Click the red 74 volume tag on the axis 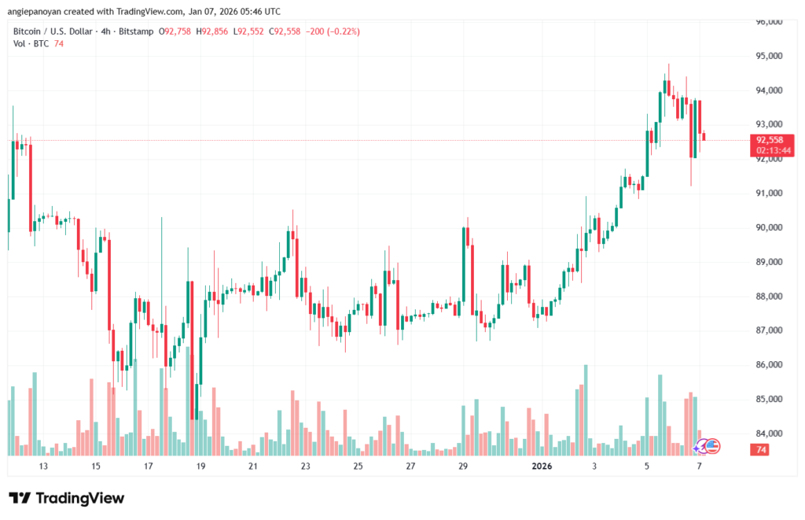pyautogui.click(x=759, y=449)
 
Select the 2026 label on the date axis pyautogui.click(x=542, y=467)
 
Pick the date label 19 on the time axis pyautogui.click(x=200, y=467)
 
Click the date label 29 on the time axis pyautogui.click(x=463, y=467)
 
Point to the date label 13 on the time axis pyautogui.click(x=43, y=467)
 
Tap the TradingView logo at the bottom pyautogui.click(x=67, y=498)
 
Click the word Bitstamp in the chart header pyautogui.click(x=134, y=31)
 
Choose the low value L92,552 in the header pyautogui.click(x=250, y=31)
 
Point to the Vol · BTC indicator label pyautogui.click(x=31, y=44)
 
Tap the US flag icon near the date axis pyautogui.click(x=712, y=445)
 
